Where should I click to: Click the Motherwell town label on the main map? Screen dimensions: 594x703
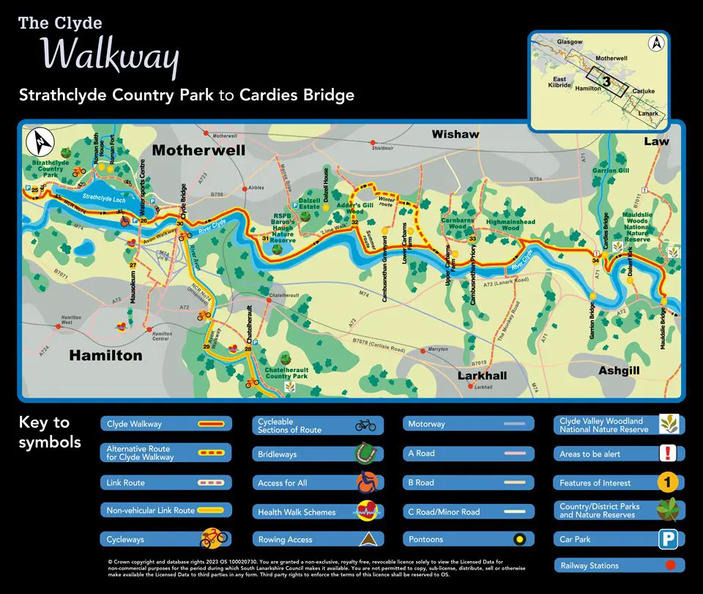(198, 151)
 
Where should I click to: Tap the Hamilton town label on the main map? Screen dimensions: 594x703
(105, 355)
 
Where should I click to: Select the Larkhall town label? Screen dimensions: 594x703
(482, 375)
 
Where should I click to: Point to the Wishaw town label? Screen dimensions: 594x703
(455, 134)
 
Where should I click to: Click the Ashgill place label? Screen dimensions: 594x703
(619, 371)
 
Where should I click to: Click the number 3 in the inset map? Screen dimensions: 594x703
(606, 81)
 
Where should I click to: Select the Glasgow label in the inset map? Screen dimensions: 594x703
(570, 42)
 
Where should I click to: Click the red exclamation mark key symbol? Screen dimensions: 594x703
(666, 453)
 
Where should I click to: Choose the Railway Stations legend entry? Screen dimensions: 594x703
(620, 565)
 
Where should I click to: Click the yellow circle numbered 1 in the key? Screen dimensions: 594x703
(666, 483)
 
